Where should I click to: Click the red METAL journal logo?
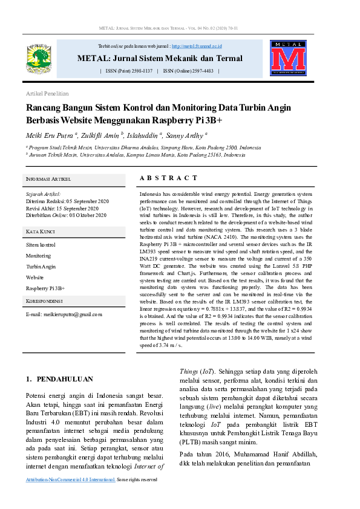[x=288, y=59]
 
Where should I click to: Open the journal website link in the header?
[x=197, y=46]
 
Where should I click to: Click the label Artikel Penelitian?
[x=47, y=94]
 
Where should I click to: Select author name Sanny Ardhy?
[x=185, y=135]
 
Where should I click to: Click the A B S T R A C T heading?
[x=168, y=178]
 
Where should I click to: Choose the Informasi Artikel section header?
[x=48, y=180]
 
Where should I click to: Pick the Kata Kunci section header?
[x=41, y=232]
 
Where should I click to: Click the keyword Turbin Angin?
[x=41, y=267]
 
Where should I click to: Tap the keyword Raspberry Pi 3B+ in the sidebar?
[x=45, y=288]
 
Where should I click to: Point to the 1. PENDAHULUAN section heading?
[x=59, y=379]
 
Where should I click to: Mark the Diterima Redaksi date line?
[x=67, y=201]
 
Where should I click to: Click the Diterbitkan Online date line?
[x=66, y=215]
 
